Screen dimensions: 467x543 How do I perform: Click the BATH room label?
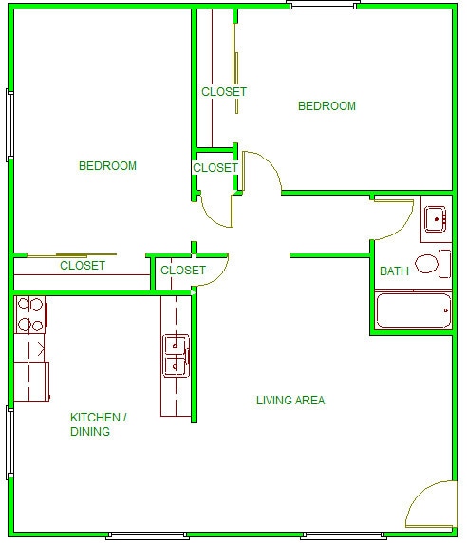coord(394,271)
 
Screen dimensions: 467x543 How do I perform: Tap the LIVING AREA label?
coord(290,401)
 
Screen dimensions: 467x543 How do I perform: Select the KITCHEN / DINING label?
coord(99,424)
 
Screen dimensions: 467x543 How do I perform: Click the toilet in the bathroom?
coord(433,264)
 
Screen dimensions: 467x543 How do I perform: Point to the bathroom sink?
coord(436,219)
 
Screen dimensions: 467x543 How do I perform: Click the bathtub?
coord(413,309)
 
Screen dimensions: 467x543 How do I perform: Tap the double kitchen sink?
coord(176,356)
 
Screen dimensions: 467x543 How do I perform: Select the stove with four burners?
coord(30,314)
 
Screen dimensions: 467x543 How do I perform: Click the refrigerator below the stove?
coord(31,382)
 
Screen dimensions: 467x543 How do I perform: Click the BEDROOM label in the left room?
coord(107,166)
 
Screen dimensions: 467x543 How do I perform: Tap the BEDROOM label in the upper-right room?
coord(327,106)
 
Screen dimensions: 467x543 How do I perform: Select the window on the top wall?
coord(323,5)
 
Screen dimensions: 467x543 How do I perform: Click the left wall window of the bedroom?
coord(9,125)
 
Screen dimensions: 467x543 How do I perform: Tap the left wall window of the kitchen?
coord(9,443)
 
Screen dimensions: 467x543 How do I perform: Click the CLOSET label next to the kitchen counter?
coord(183,271)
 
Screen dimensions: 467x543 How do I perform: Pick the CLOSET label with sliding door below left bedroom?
coord(83,266)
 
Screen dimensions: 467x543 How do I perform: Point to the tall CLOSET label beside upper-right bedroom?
coord(224,92)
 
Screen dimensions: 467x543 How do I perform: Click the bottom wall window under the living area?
coord(344,535)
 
